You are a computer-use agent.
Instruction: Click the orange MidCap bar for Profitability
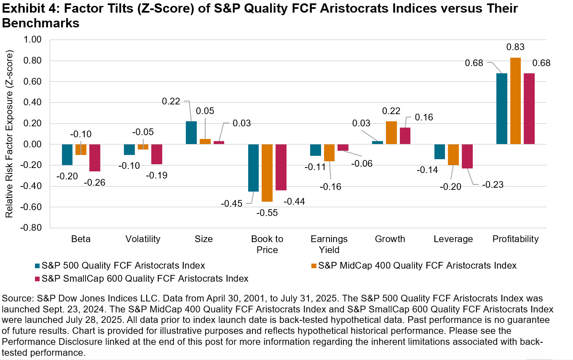click(515, 101)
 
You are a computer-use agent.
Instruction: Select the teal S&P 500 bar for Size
click(191, 133)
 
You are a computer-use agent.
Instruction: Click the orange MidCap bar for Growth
click(391, 133)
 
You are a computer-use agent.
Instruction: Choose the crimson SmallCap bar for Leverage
click(467, 156)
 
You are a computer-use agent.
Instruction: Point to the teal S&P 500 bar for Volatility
click(130, 149)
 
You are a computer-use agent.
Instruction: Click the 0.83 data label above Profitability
click(515, 47)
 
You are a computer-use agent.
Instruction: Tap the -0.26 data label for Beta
click(95, 182)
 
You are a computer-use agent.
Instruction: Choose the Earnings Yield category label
click(329, 244)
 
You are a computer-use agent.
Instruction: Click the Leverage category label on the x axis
click(453, 239)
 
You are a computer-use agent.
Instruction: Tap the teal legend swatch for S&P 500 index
click(37, 266)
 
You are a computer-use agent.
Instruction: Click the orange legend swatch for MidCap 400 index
click(313, 266)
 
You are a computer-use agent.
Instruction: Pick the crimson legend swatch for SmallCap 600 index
click(37, 279)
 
